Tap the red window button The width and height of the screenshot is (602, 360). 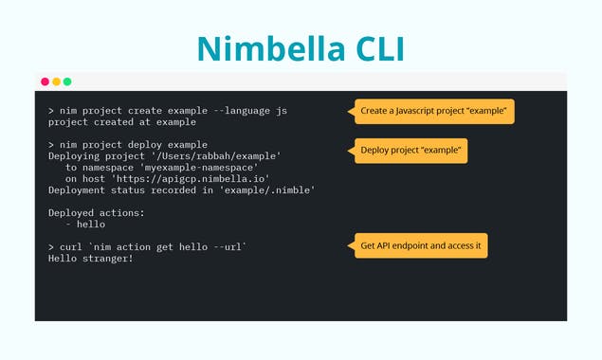[x=45, y=81]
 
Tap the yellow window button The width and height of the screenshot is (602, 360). [x=56, y=81]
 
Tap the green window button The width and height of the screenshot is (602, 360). [x=67, y=81]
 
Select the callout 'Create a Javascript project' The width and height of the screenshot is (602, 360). [x=434, y=112]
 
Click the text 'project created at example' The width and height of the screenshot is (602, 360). [x=121, y=122]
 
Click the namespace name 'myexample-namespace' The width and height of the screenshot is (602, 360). [x=203, y=167]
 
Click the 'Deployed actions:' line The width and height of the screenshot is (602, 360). [x=97, y=212]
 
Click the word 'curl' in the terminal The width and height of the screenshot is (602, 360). [x=70, y=246]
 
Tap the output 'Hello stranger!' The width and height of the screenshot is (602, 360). [x=91, y=258]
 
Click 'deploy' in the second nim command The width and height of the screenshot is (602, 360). [x=151, y=144]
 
